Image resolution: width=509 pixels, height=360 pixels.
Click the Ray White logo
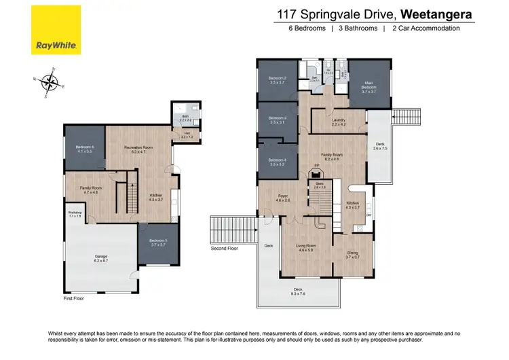pyautogui.click(x=56, y=31)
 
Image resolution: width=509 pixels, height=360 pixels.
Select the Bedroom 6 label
pyautogui.click(x=85, y=149)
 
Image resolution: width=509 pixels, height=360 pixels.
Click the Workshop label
pyautogui.click(x=75, y=214)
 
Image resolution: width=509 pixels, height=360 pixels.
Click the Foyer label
pyautogui.click(x=283, y=198)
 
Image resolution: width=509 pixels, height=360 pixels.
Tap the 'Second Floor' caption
pyautogui.click(x=224, y=249)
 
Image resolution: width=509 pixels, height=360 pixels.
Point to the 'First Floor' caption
pyautogui.click(x=73, y=298)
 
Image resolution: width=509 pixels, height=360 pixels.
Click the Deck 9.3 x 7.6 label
pyautogui.click(x=298, y=292)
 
